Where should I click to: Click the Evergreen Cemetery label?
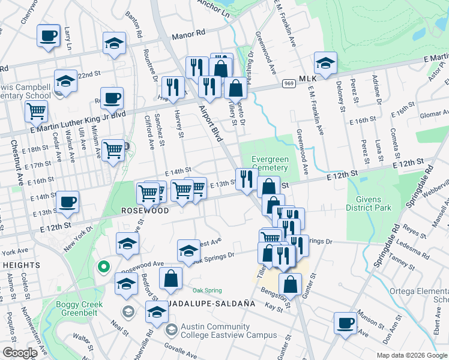[270, 164]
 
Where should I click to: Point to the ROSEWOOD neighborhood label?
[145, 211]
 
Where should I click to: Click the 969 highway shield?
[289, 83]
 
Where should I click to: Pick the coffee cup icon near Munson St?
[346, 323]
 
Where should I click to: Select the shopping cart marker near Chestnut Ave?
[37, 110]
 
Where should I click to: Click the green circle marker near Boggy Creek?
[103, 266]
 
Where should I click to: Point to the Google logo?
[20, 353]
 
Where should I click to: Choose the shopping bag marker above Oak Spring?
[171, 278]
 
